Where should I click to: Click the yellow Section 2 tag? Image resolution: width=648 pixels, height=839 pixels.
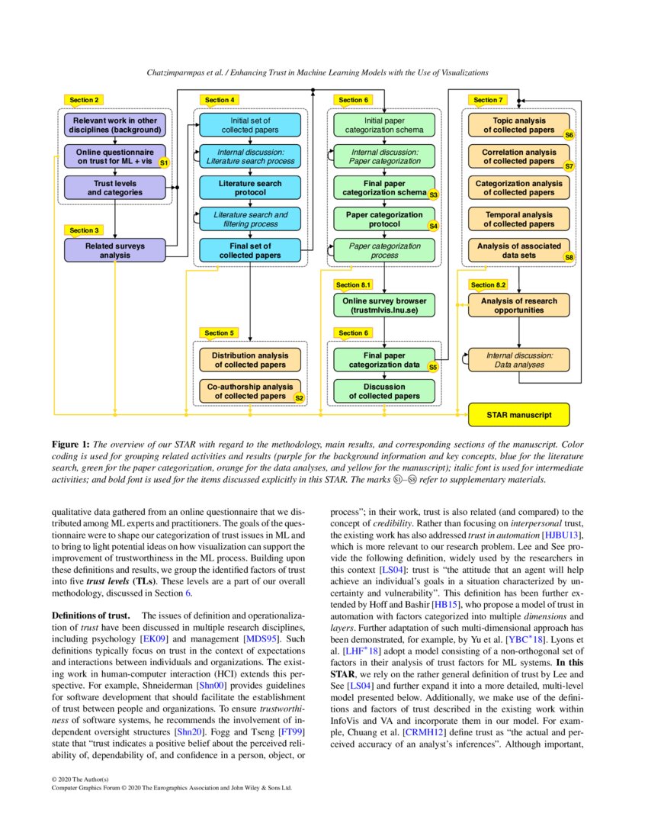85,100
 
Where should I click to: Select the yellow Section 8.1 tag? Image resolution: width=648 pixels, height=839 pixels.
353,284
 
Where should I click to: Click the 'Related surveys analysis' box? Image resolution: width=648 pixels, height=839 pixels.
114,250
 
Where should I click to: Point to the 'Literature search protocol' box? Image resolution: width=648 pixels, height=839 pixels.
251,188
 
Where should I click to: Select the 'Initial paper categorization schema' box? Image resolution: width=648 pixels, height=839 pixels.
384,125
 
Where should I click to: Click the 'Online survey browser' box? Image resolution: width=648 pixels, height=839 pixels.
384,305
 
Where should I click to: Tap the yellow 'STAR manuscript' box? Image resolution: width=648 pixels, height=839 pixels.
518,416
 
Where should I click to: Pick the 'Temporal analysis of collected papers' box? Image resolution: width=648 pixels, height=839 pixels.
518,219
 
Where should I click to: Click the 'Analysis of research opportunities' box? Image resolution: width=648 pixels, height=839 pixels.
518,305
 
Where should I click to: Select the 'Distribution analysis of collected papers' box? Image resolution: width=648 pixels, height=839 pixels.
251,360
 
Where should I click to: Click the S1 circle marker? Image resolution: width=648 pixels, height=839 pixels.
163,162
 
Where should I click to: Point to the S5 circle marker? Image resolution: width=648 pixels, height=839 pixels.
432,367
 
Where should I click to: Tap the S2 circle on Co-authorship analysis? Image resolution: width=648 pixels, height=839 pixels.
299,397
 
